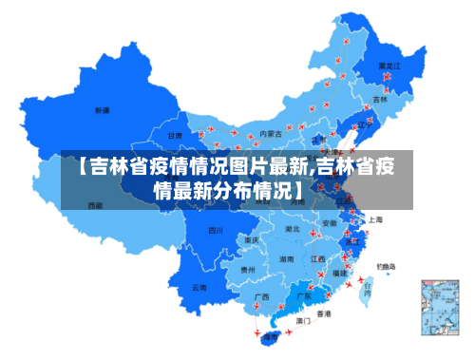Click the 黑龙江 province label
389,66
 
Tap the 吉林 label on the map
381,98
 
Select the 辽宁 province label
362,124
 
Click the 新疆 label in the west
102,110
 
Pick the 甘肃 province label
176,136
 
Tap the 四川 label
216,230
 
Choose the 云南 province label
199,287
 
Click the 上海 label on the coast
375,219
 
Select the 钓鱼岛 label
388,266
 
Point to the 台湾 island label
367,284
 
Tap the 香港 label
324,313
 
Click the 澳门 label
303,321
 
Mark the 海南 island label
272,336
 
